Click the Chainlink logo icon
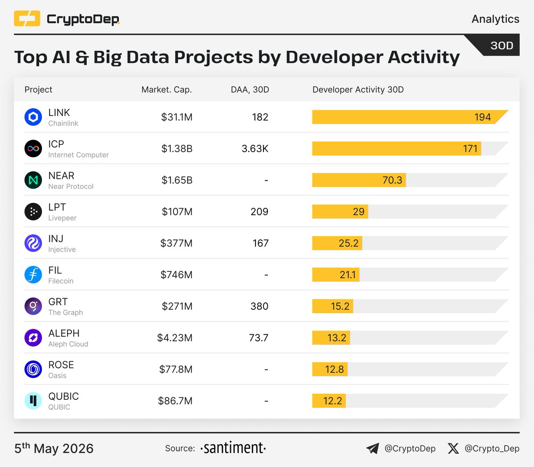(33, 117)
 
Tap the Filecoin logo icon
(33, 274)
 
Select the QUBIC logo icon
(33, 401)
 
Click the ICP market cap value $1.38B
(177, 148)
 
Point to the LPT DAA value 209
(259, 211)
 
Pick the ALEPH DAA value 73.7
(259, 338)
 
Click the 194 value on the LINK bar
(482, 117)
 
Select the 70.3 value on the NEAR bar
(392, 180)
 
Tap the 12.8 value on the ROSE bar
(334, 369)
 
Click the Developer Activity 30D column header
(358, 90)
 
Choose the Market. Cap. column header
(166, 90)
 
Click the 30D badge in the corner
(502, 45)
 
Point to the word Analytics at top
(495, 19)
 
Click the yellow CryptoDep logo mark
(27, 19)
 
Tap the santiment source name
(233, 448)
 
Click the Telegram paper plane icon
(373, 448)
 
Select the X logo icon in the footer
(453, 448)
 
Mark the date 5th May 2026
(54, 448)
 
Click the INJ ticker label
(56, 238)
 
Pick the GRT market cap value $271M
(177, 306)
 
